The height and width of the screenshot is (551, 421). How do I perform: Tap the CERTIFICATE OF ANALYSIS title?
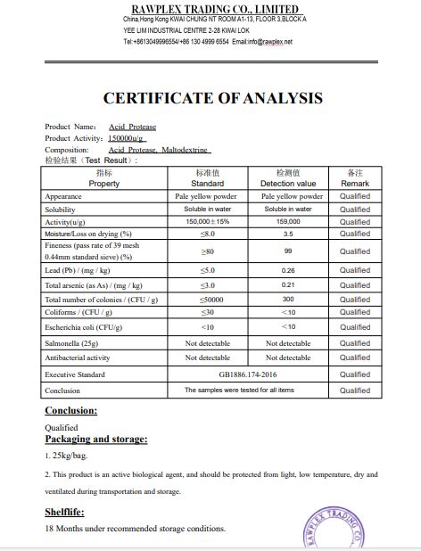pos(212,98)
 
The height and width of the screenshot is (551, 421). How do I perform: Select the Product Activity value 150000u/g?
pos(126,138)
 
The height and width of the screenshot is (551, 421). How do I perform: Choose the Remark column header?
pos(355,184)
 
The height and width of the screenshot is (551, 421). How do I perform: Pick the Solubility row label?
pos(61,209)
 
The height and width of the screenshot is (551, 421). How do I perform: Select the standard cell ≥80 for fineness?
pos(207,251)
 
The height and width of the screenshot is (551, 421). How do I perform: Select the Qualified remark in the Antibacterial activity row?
pos(355,358)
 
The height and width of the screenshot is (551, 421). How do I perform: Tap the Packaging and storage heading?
pos(96,439)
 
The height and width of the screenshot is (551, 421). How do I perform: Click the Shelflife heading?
pos(64,513)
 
